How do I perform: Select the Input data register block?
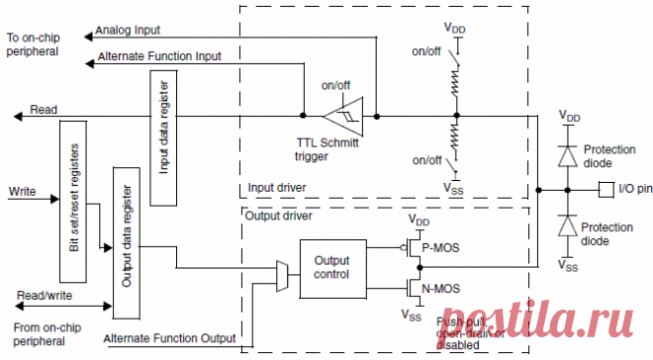[x=163, y=128]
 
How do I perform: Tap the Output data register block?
[x=126, y=242]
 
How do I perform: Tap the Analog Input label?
[x=132, y=31]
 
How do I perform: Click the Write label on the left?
[x=22, y=189]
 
